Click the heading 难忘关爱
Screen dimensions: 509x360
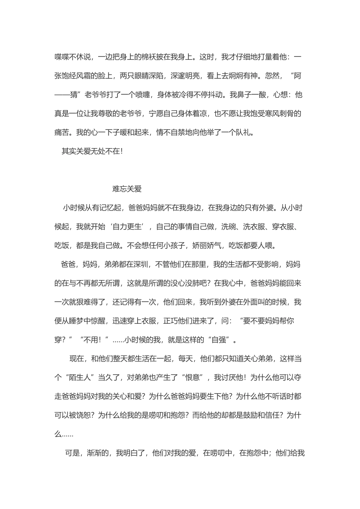[x=127, y=189]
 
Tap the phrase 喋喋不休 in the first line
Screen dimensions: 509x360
[x=69, y=57]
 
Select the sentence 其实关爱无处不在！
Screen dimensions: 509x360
[x=92, y=151]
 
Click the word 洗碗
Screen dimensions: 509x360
[x=229, y=227]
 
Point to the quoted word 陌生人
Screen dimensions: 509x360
[x=80, y=378]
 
